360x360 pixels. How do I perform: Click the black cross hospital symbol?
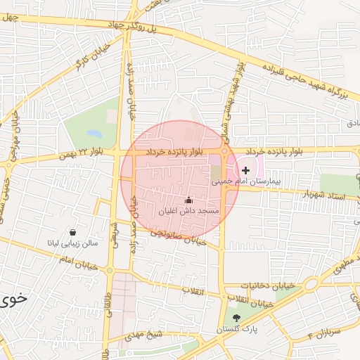click(x=245, y=171)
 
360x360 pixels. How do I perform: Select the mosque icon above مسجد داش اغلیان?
click(x=188, y=200)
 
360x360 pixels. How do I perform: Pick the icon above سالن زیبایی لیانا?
click(x=73, y=232)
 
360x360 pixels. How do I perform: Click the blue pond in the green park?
click(x=93, y=132)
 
